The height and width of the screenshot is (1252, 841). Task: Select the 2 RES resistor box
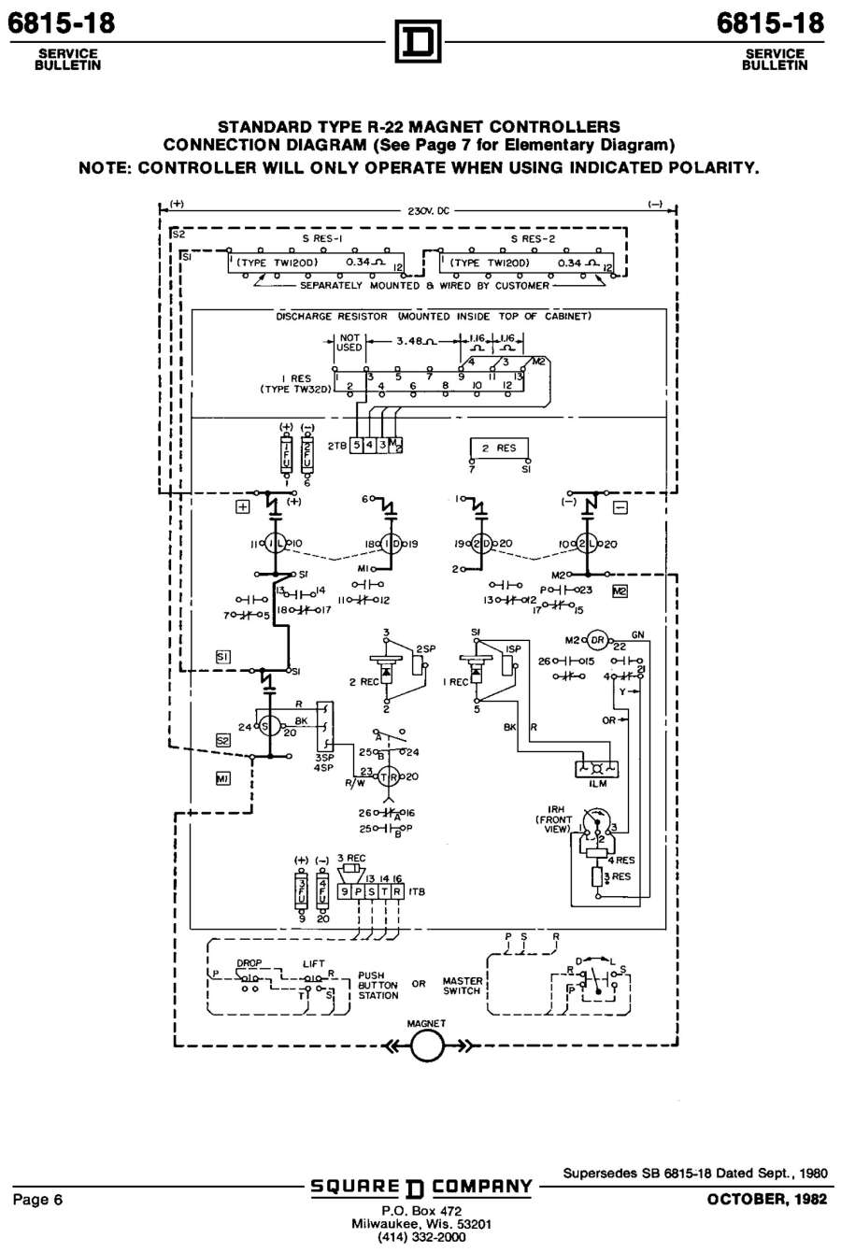pyautogui.click(x=498, y=448)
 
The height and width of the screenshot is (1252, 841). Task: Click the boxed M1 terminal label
pyautogui.click(x=223, y=777)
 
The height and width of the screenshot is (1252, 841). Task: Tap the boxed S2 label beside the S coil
pyautogui.click(x=222, y=740)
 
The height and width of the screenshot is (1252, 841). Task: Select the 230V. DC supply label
pyautogui.click(x=428, y=211)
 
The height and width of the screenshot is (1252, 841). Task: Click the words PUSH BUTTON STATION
pyautogui.click(x=378, y=985)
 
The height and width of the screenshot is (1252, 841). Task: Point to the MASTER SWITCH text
pyautogui.click(x=462, y=985)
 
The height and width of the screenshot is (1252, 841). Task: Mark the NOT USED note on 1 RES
pyautogui.click(x=349, y=342)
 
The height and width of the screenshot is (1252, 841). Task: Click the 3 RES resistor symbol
pyautogui.click(x=596, y=877)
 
